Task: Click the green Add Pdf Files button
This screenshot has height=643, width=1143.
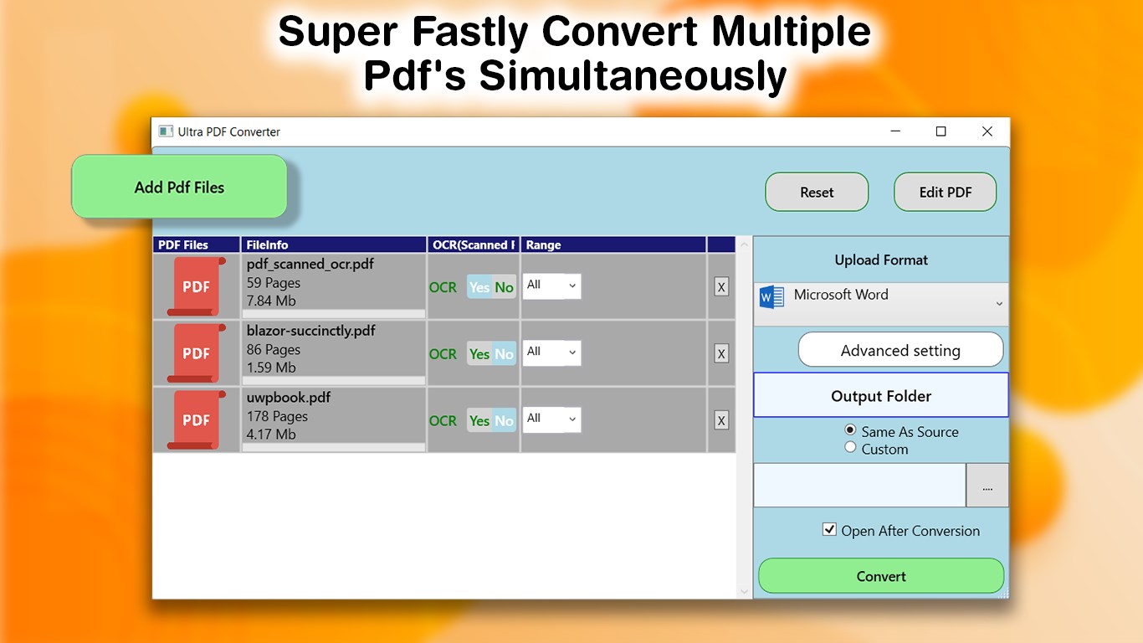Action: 179,188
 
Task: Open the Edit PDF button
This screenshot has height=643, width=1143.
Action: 945,193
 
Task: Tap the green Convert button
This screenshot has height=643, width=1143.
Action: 880,576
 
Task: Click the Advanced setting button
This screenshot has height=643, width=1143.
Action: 900,350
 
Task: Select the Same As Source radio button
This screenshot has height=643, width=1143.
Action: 850,430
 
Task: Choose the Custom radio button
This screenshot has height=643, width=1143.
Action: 850,448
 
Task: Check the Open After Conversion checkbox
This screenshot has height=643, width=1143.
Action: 829,529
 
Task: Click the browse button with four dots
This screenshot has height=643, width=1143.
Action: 987,486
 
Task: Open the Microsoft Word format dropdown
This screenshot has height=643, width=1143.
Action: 880,304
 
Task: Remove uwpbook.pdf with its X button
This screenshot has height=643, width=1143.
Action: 721,420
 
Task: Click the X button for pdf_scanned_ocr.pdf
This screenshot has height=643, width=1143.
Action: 721,287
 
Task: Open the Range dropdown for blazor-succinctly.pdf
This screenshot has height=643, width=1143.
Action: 551,352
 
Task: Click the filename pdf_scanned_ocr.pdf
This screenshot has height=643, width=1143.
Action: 310,265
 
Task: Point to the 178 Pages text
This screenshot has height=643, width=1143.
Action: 277,416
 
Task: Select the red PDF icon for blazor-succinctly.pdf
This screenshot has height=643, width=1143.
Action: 197,353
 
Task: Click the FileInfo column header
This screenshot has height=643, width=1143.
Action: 268,245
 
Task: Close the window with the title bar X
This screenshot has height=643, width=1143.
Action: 987,131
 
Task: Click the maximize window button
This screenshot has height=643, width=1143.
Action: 941,131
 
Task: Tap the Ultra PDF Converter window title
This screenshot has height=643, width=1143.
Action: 228,132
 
